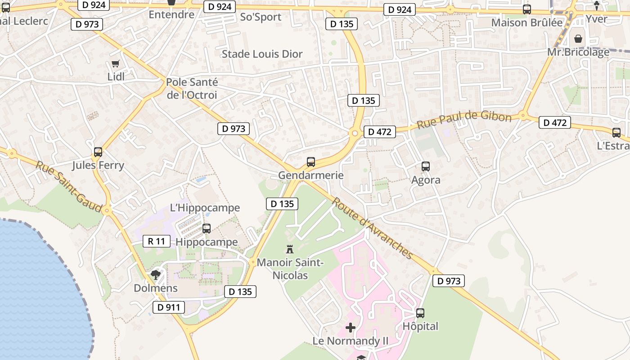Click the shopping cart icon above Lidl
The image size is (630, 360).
(116, 64)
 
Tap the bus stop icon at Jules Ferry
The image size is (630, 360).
(98, 152)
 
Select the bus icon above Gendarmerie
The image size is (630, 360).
(310, 162)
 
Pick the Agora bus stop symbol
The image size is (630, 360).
(425, 166)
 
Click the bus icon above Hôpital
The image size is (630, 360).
(420, 313)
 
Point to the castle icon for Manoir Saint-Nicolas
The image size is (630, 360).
(290, 249)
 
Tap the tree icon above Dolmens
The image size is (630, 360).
(156, 274)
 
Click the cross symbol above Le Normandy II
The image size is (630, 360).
(351, 328)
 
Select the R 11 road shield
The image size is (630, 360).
(156, 241)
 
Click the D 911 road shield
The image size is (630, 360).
(169, 308)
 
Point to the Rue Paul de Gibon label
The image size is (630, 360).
(464, 119)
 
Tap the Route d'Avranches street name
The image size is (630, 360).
(372, 228)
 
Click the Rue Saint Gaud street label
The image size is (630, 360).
(63, 183)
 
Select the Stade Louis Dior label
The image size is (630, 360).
(262, 54)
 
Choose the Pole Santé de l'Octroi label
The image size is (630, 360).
(192, 89)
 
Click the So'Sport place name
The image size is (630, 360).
(261, 17)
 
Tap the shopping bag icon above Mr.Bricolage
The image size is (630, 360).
(578, 39)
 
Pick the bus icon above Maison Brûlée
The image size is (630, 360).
(526, 9)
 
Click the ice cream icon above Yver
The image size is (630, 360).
(597, 6)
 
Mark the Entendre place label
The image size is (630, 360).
(171, 14)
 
